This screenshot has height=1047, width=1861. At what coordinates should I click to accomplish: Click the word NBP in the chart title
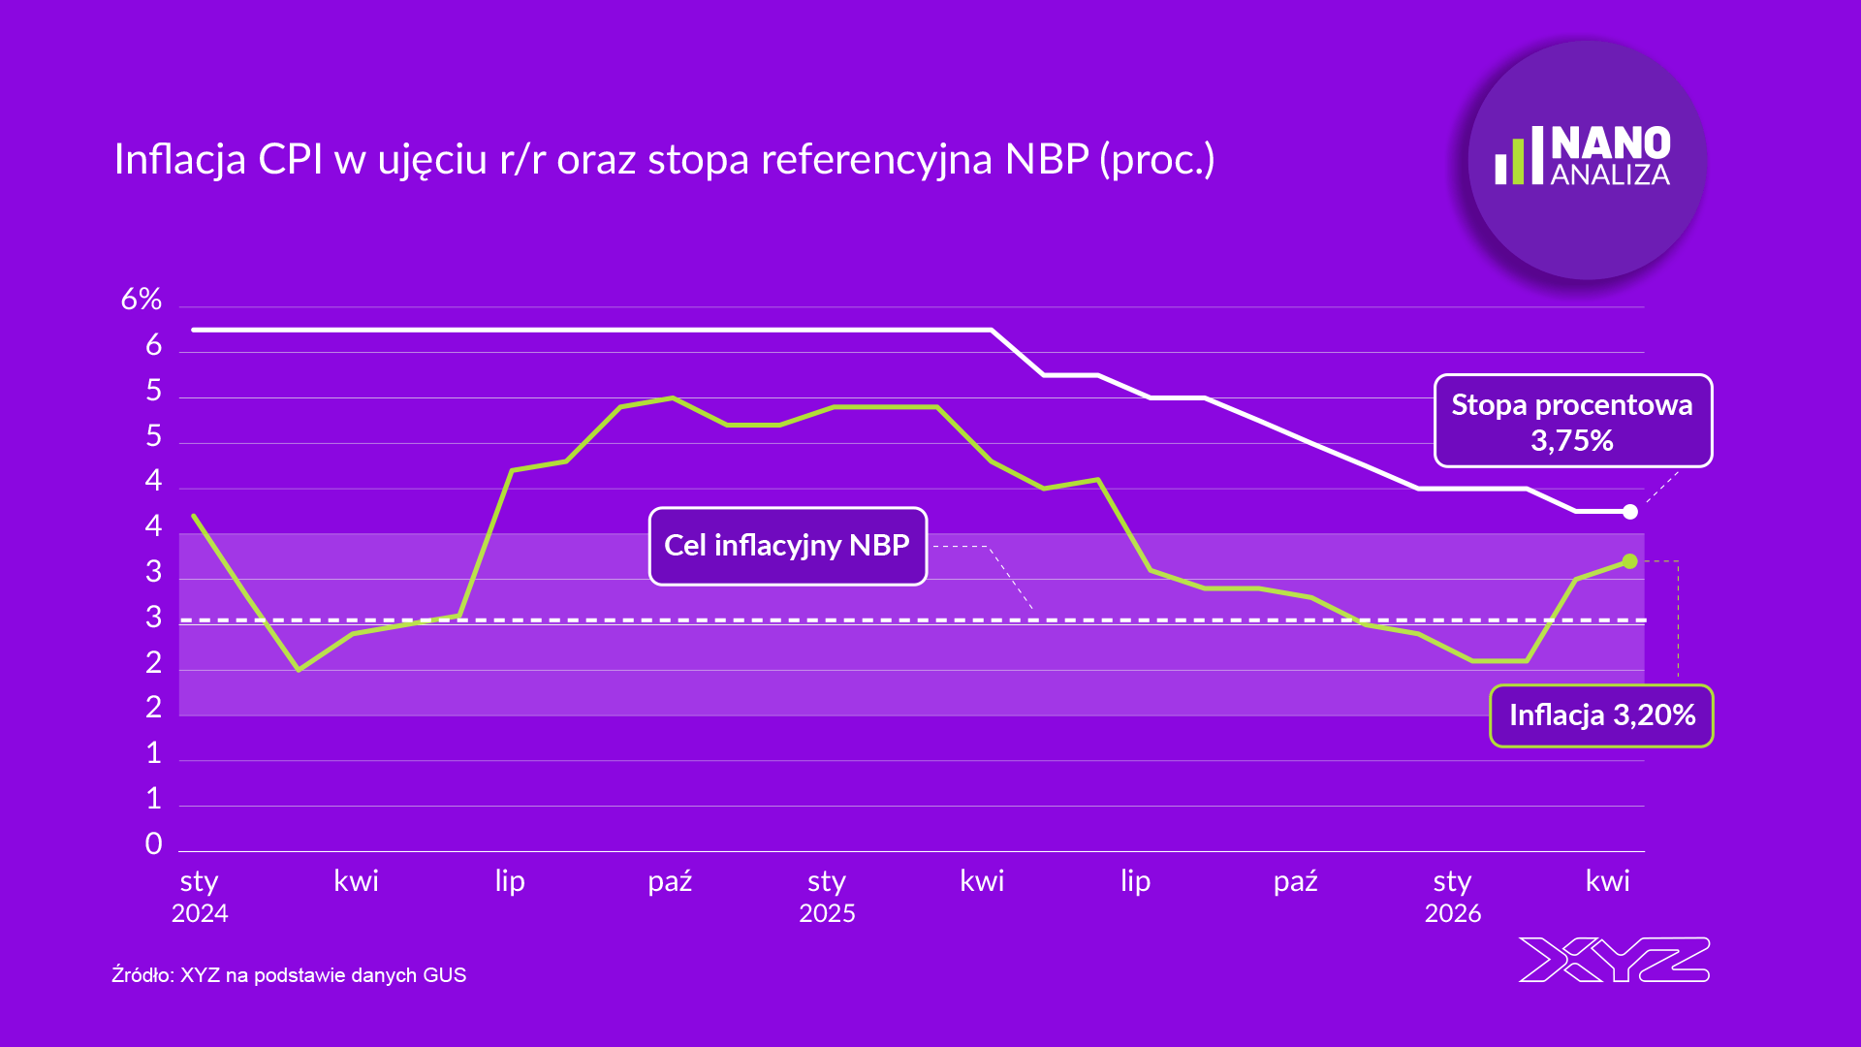[x=1047, y=159]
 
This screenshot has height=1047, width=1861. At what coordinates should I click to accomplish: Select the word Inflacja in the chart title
[x=179, y=159]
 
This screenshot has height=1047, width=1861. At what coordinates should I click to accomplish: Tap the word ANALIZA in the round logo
[x=1610, y=175]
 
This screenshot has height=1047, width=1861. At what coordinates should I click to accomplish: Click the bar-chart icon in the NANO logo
[x=1518, y=156]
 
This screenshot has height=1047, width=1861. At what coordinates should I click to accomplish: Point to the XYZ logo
[x=1613, y=960]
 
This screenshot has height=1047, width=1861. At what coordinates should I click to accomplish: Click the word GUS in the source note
[x=445, y=975]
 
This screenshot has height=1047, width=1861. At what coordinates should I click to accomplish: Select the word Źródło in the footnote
[x=141, y=974]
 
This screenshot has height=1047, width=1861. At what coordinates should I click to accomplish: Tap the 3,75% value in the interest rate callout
[x=1571, y=441]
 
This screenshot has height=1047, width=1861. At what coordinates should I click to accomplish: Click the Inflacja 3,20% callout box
[x=1601, y=715]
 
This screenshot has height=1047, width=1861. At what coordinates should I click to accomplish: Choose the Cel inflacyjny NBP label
[x=787, y=546]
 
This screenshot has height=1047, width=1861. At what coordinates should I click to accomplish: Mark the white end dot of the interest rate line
[x=1630, y=512]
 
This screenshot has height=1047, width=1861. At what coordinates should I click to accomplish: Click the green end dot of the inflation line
[x=1630, y=561]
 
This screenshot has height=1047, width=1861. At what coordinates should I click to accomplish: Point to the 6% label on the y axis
[x=141, y=300]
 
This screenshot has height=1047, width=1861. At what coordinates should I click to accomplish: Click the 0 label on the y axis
[x=153, y=844]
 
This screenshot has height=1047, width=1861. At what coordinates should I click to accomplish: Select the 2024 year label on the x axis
[x=200, y=913]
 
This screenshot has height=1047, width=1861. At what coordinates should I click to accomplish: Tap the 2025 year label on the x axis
[x=827, y=913]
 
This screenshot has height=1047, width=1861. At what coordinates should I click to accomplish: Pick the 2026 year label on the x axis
[x=1452, y=913]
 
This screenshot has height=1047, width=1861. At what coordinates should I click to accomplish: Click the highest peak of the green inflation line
[x=673, y=398]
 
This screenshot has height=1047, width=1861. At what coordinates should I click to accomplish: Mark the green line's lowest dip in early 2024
[x=299, y=669]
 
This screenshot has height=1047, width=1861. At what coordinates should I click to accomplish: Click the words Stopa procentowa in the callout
[x=1571, y=405]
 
